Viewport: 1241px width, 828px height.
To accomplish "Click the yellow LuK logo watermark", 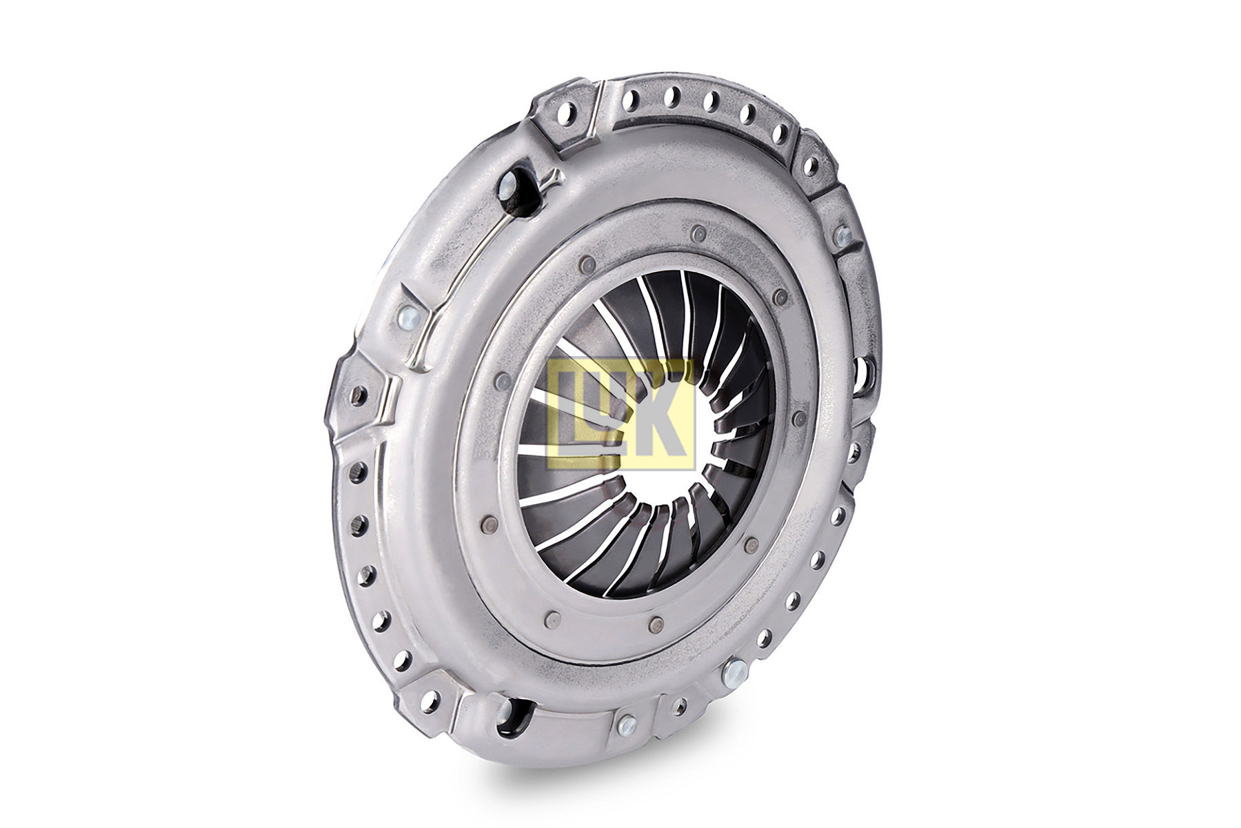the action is click(621, 414).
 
